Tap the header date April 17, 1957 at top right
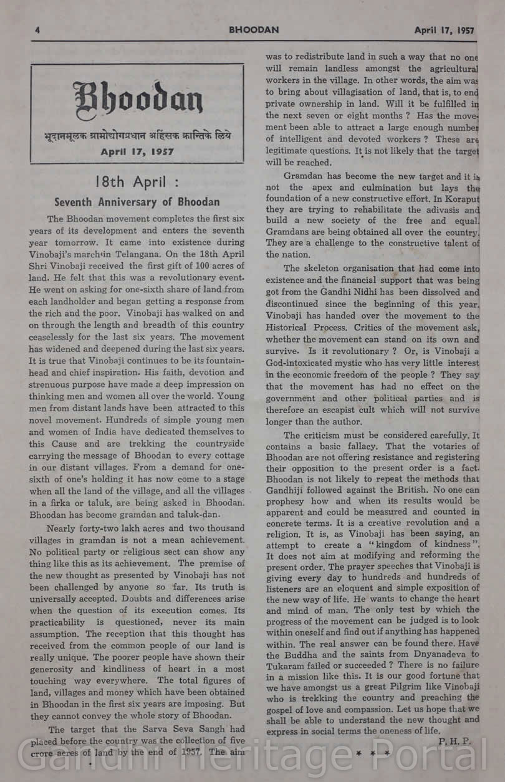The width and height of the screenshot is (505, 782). coord(444,30)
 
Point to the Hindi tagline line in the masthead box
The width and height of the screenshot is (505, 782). coord(137,135)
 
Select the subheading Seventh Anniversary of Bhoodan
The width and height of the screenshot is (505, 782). coord(137,202)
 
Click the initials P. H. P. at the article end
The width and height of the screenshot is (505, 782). coord(456,741)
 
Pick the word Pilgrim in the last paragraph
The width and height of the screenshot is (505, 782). coord(412,687)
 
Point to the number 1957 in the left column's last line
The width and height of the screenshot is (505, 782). coord(191,751)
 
